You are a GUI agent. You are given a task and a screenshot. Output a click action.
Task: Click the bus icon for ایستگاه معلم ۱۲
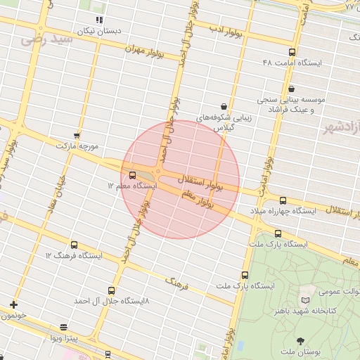coord(133,175)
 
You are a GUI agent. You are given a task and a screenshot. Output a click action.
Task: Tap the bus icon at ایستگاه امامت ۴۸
coord(292,52)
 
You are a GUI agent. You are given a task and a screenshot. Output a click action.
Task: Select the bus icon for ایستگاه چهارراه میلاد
coord(283,200)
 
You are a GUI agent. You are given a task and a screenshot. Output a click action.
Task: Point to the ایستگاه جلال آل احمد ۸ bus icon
coord(111,290)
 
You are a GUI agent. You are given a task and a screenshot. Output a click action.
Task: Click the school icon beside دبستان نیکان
coord(99,20)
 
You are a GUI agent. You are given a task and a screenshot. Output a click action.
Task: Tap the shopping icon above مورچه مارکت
coord(77,135)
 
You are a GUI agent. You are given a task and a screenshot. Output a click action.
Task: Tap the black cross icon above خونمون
coord(13,304)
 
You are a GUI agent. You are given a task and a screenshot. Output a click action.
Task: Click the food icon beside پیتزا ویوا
coord(63,328)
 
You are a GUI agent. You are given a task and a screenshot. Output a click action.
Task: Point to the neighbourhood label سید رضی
coord(47,40)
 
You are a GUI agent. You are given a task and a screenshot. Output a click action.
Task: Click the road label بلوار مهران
coord(144,51)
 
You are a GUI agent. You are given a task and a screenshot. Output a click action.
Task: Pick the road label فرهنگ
coord(176,283)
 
